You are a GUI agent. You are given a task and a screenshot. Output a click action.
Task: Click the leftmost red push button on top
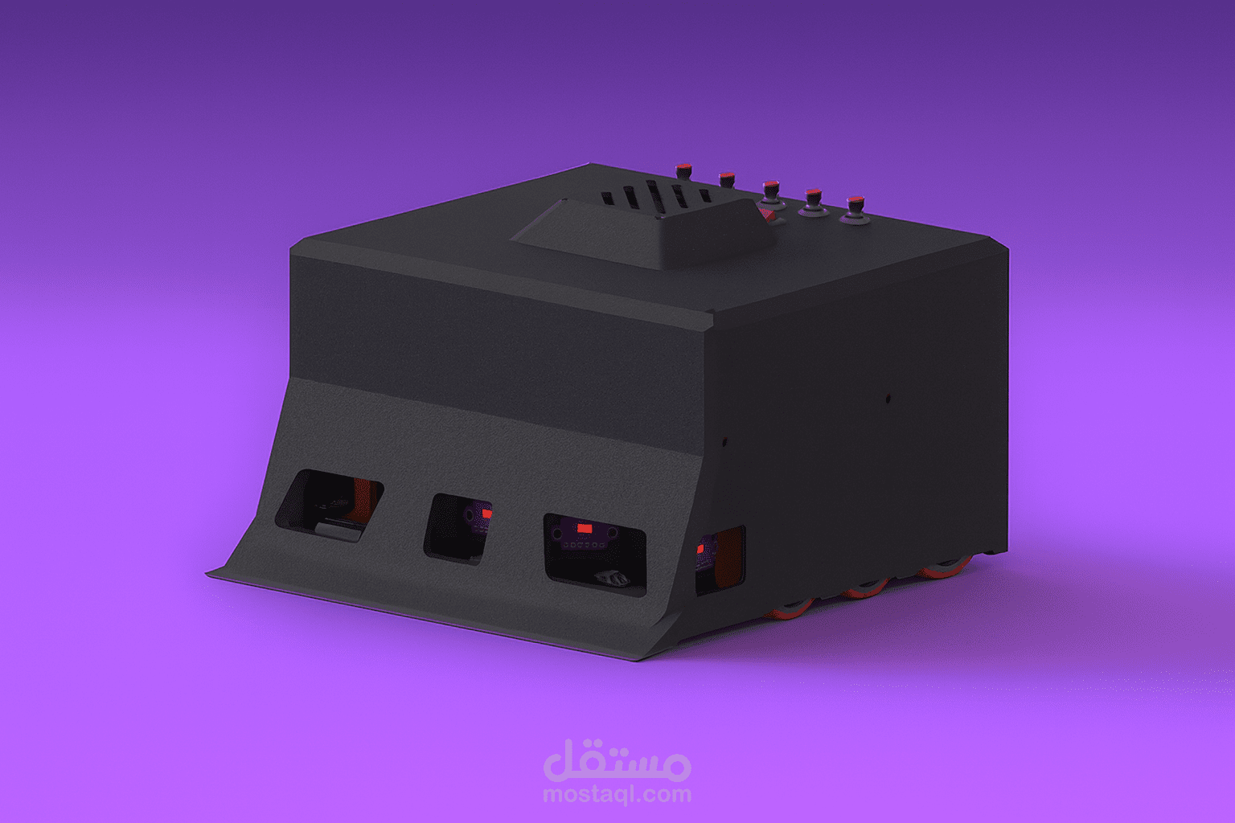(x=683, y=169)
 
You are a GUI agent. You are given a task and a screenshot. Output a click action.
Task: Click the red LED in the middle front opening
(x=486, y=513)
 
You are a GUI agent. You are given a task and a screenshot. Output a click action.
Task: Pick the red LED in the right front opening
(x=585, y=529)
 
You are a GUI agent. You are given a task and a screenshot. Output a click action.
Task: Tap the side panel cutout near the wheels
(x=720, y=559)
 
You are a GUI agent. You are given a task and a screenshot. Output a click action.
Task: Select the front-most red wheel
(x=793, y=608)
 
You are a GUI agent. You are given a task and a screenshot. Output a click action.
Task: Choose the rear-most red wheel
(x=942, y=571)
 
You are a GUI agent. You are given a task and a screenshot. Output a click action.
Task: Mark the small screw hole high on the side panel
(x=888, y=397)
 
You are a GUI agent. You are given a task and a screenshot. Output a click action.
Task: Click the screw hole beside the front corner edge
(x=724, y=441)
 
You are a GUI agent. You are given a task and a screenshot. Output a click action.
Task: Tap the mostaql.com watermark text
(x=617, y=795)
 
